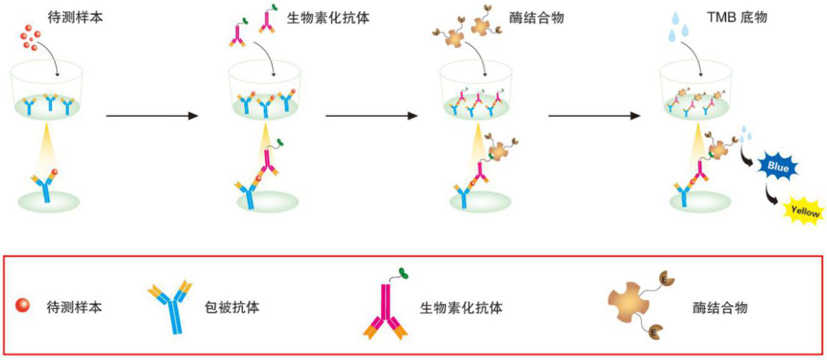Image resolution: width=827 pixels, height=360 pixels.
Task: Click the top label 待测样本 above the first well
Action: coord(75,17)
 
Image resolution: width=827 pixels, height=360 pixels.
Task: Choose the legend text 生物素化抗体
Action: coord(460,307)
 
